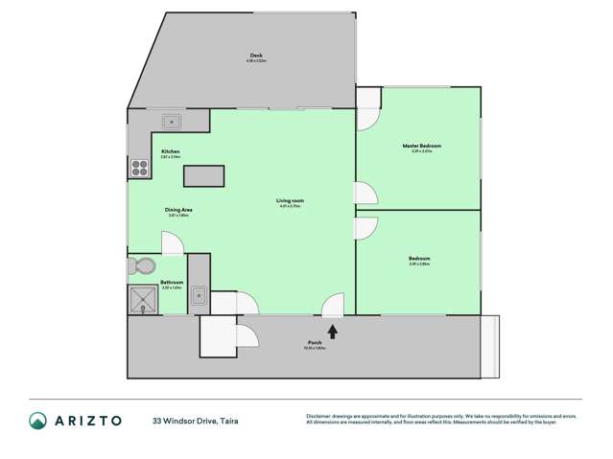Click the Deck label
click(257, 57)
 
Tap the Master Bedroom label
click(421, 146)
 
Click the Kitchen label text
click(171, 151)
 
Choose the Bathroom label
click(172, 282)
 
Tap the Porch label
click(315, 344)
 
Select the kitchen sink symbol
click(173, 122)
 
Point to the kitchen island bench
click(203, 175)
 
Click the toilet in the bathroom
click(141, 265)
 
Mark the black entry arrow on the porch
click(333, 332)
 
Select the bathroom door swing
click(173, 244)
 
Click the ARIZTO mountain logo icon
click(37, 420)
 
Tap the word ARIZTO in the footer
click(89, 420)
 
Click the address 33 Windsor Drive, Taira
click(195, 420)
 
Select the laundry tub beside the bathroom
click(198, 295)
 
